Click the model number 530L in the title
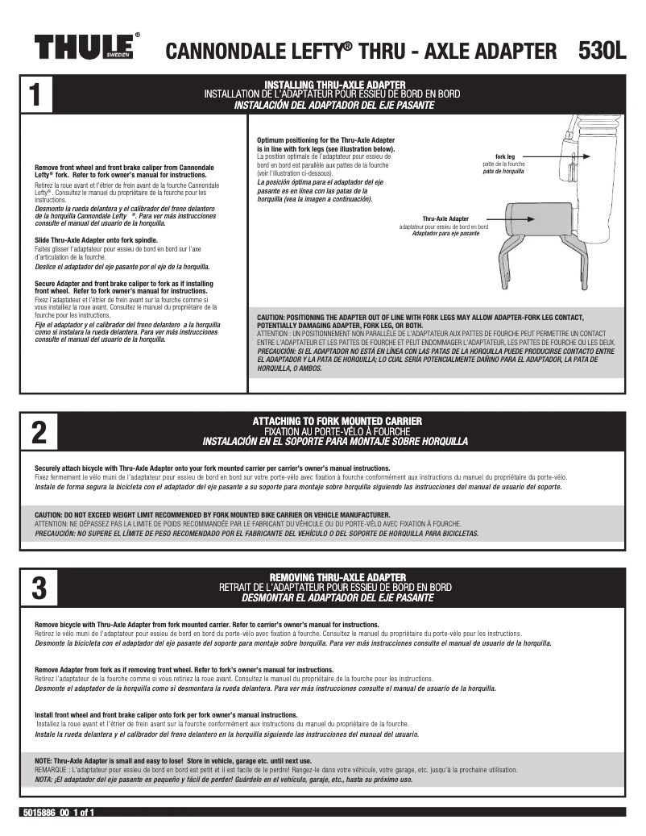pos(602,51)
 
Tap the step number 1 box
pos(39,94)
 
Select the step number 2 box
pos(39,433)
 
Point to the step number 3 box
pos(39,588)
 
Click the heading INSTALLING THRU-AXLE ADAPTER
pos(334,85)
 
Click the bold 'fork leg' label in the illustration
pos(505,156)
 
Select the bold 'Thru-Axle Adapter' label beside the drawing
pos(445,218)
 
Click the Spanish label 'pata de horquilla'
pos(503,172)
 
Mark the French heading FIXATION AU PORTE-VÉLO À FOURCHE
pos(335,431)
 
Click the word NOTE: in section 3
pos(43,760)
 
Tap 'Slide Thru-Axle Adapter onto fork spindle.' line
pos(96,240)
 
